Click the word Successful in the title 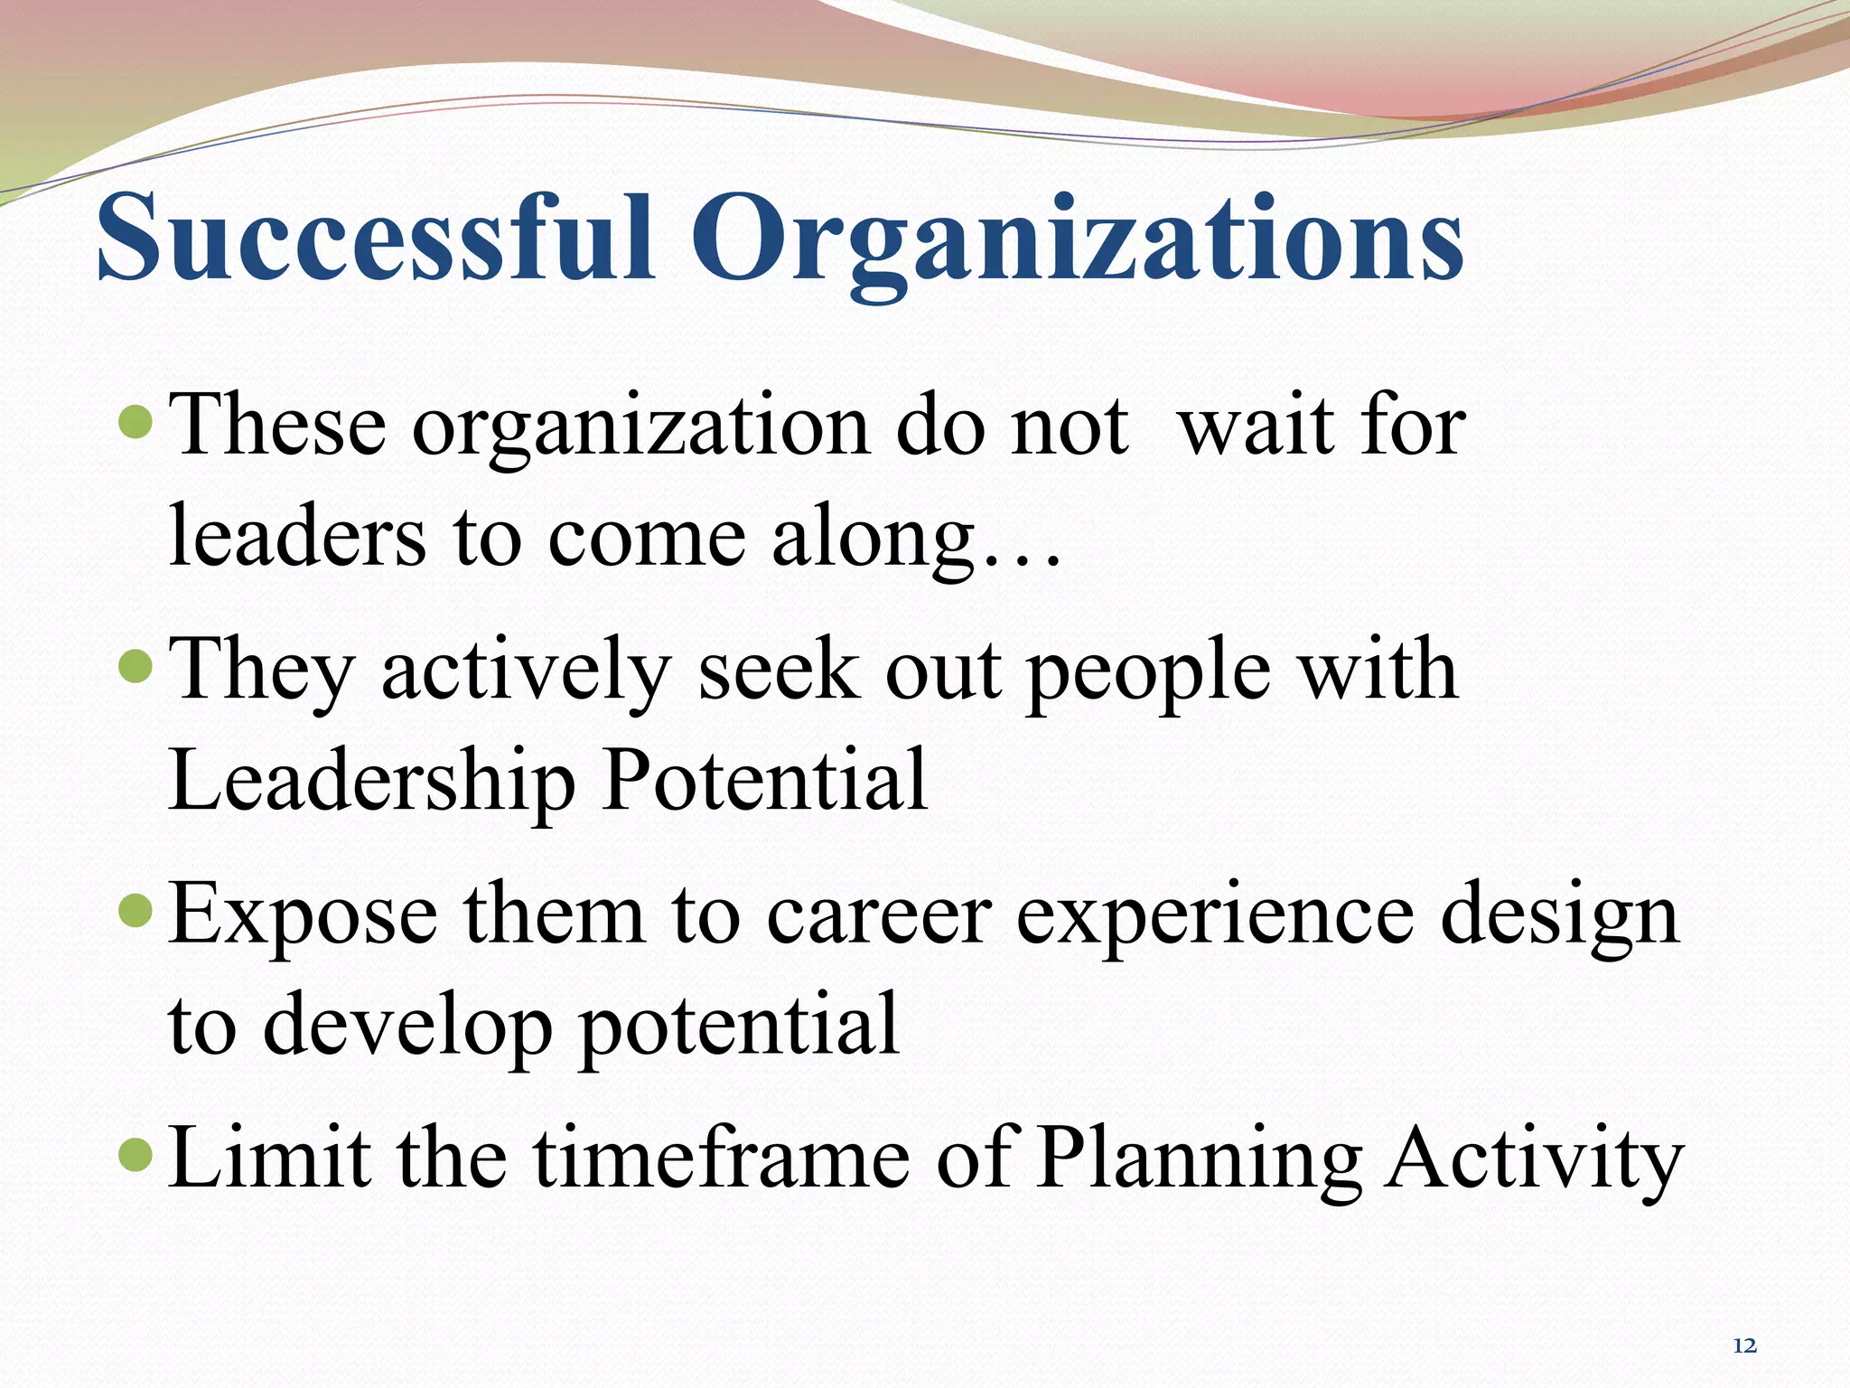pos(375,237)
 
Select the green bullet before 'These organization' pos(136,421)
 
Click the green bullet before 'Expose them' pos(136,911)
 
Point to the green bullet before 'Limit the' pos(136,1155)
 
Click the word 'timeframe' pos(722,1158)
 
